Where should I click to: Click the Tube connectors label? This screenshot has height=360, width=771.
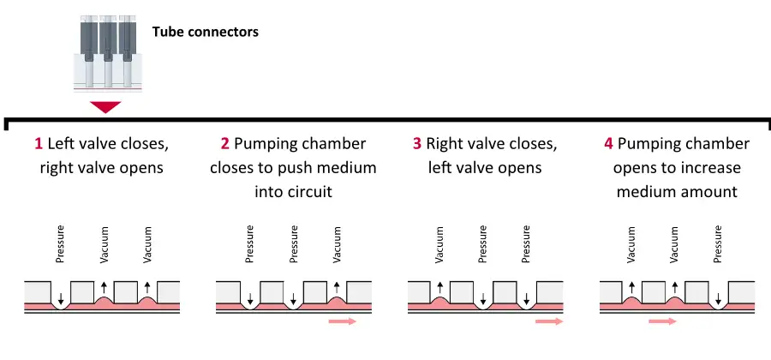point(205,33)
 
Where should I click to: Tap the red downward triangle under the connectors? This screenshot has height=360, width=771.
point(105,107)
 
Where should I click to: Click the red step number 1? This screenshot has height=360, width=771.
point(39,144)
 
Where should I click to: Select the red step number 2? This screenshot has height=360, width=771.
point(224,144)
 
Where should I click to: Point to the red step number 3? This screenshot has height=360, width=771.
point(416,144)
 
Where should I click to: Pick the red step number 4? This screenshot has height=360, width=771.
point(608,144)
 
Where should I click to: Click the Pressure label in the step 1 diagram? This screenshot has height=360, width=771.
point(60,244)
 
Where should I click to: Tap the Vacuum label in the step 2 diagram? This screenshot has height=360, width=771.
point(338,244)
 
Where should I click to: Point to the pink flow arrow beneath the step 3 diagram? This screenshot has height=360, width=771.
point(549,321)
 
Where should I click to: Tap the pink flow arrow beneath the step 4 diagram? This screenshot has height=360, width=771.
point(662,321)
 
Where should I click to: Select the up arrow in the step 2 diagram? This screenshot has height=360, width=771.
point(338,288)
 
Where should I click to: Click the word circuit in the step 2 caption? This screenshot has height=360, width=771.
point(306,191)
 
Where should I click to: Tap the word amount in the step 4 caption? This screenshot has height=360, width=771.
point(710,191)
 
